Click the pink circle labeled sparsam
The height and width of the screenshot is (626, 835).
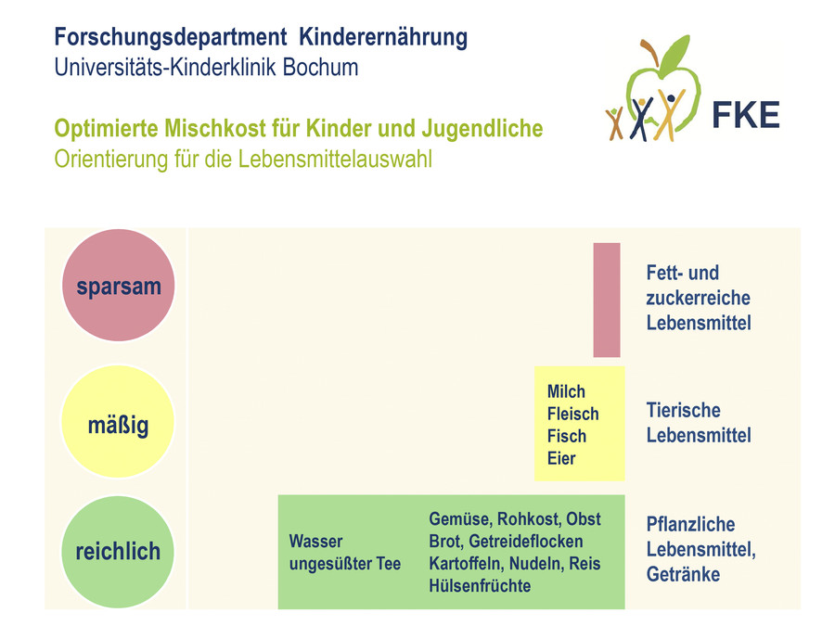[118, 286]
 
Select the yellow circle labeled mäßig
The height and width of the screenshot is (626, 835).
[118, 422]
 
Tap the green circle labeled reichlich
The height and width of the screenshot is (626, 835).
[118, 552]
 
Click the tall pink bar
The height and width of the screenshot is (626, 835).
[607, 300]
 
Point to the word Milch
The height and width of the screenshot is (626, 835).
[566, 391]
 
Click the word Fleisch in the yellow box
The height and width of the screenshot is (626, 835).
[573, 415]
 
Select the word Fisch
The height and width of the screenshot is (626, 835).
[567, 437]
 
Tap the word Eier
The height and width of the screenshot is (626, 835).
[561, 459]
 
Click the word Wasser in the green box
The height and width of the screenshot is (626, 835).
[315, 542]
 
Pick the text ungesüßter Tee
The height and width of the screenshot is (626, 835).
[344, 564]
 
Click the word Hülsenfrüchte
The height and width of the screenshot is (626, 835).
[480, 586]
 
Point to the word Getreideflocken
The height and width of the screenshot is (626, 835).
[526, 542]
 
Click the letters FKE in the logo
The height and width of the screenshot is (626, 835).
[746, 116]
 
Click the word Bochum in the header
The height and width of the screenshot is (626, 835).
[320, 68]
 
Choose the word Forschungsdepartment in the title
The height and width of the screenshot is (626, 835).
[171, 38]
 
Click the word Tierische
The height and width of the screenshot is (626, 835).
[683, 411]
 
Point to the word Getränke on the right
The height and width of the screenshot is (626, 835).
[683, 574]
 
